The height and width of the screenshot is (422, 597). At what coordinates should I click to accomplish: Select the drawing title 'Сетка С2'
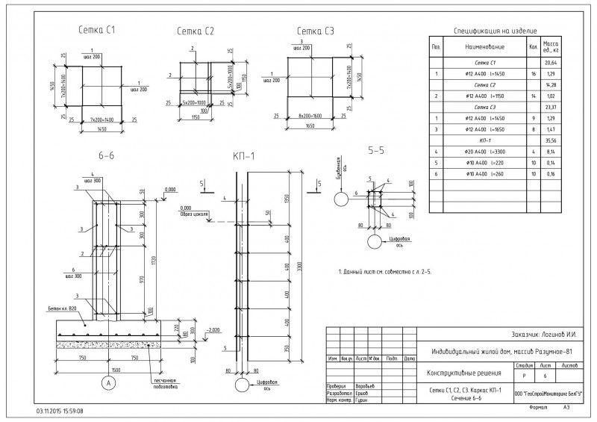click(x=196, y=31)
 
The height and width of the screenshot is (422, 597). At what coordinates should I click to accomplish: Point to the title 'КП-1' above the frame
click(x=245, y=156)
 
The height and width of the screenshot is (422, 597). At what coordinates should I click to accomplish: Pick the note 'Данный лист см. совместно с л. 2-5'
click(x=385, y=271)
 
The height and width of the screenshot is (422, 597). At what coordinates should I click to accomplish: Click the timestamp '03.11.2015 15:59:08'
click(x=60, y=411)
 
